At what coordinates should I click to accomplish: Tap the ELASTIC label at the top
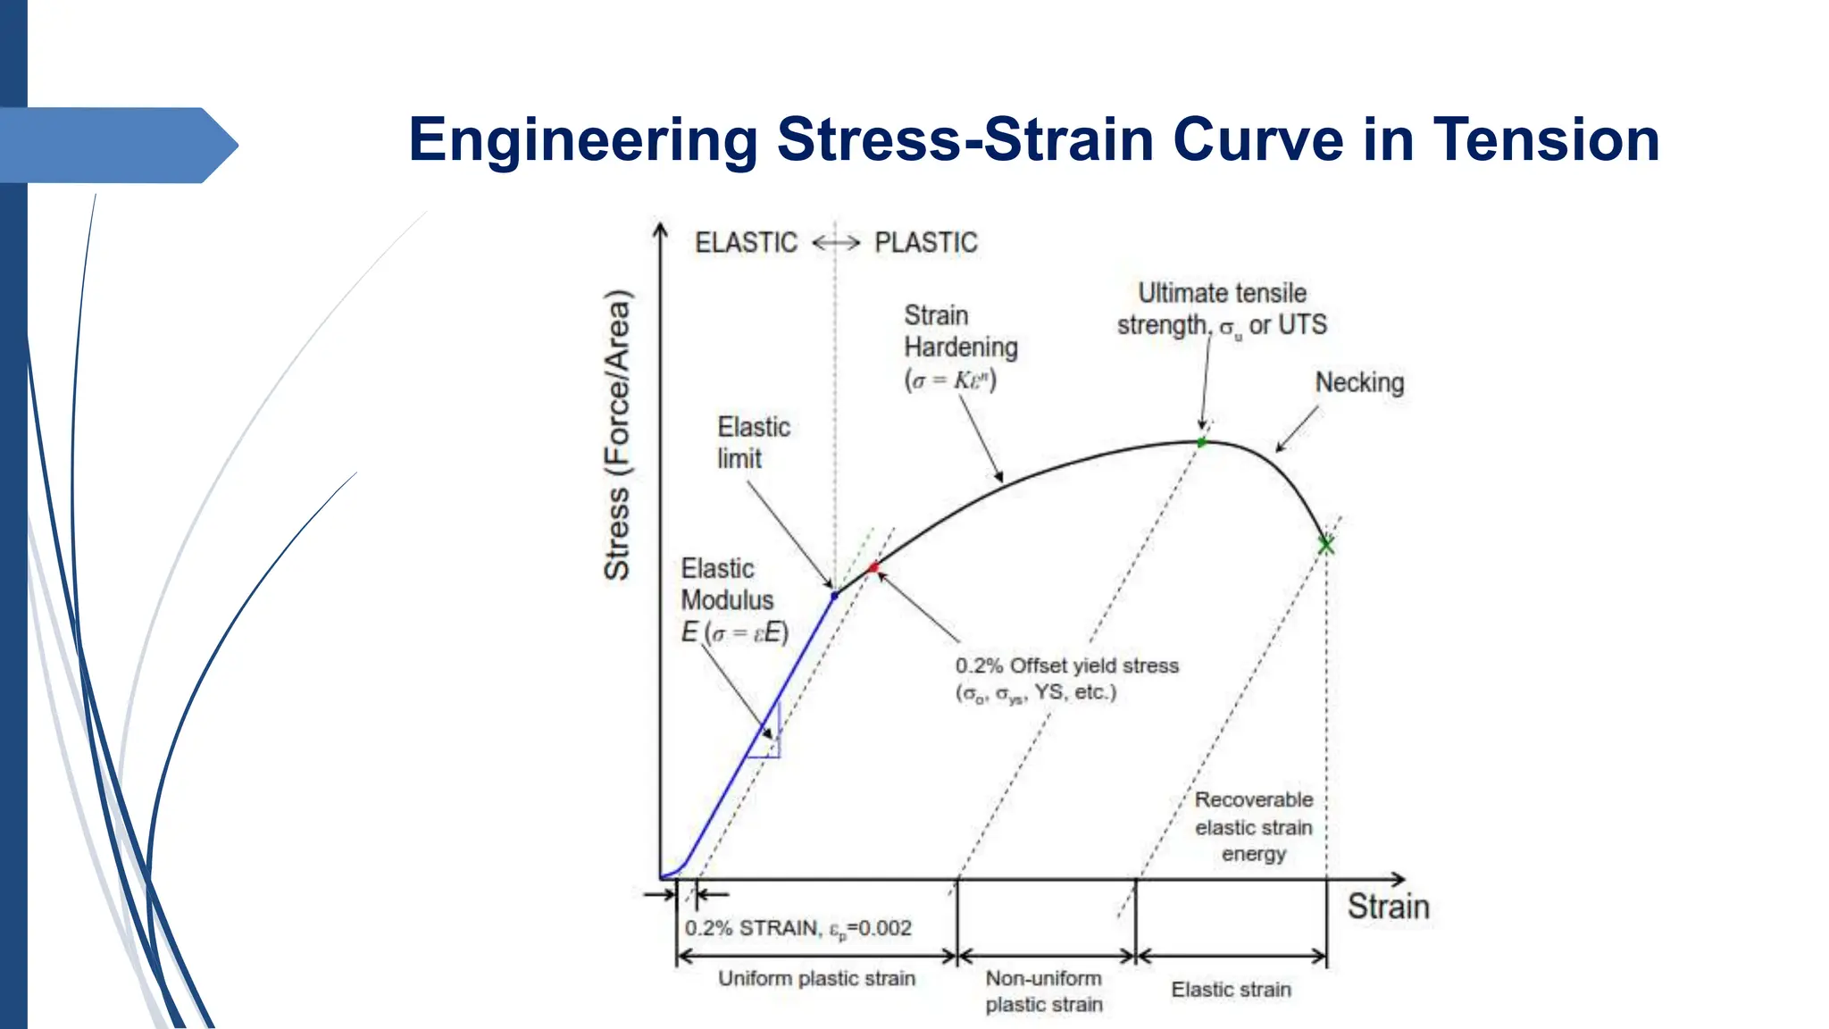(746, 243)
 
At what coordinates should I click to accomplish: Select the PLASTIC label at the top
(925, 243)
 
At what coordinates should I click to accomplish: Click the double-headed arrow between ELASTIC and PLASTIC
(836, 242)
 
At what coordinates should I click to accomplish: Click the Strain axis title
(1388, 907)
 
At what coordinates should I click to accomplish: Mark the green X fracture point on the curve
(1326, 545)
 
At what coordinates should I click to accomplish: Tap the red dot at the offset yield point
(873, 568)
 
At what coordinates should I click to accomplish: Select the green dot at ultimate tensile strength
(1201, 442)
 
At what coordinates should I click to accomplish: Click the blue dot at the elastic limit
(835, 595)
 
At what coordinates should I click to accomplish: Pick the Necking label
(1359, 383)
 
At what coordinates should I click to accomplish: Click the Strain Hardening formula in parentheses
(950, 381)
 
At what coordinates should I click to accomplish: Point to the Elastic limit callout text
(753, 443)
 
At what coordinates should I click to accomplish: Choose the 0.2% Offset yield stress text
(1066, 666)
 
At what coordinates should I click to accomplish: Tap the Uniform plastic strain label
(816, 979)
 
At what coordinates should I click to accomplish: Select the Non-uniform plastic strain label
(1044, 991)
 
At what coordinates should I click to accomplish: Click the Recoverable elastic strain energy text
(1254, 827)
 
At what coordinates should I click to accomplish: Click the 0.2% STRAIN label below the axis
(798, 929)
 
